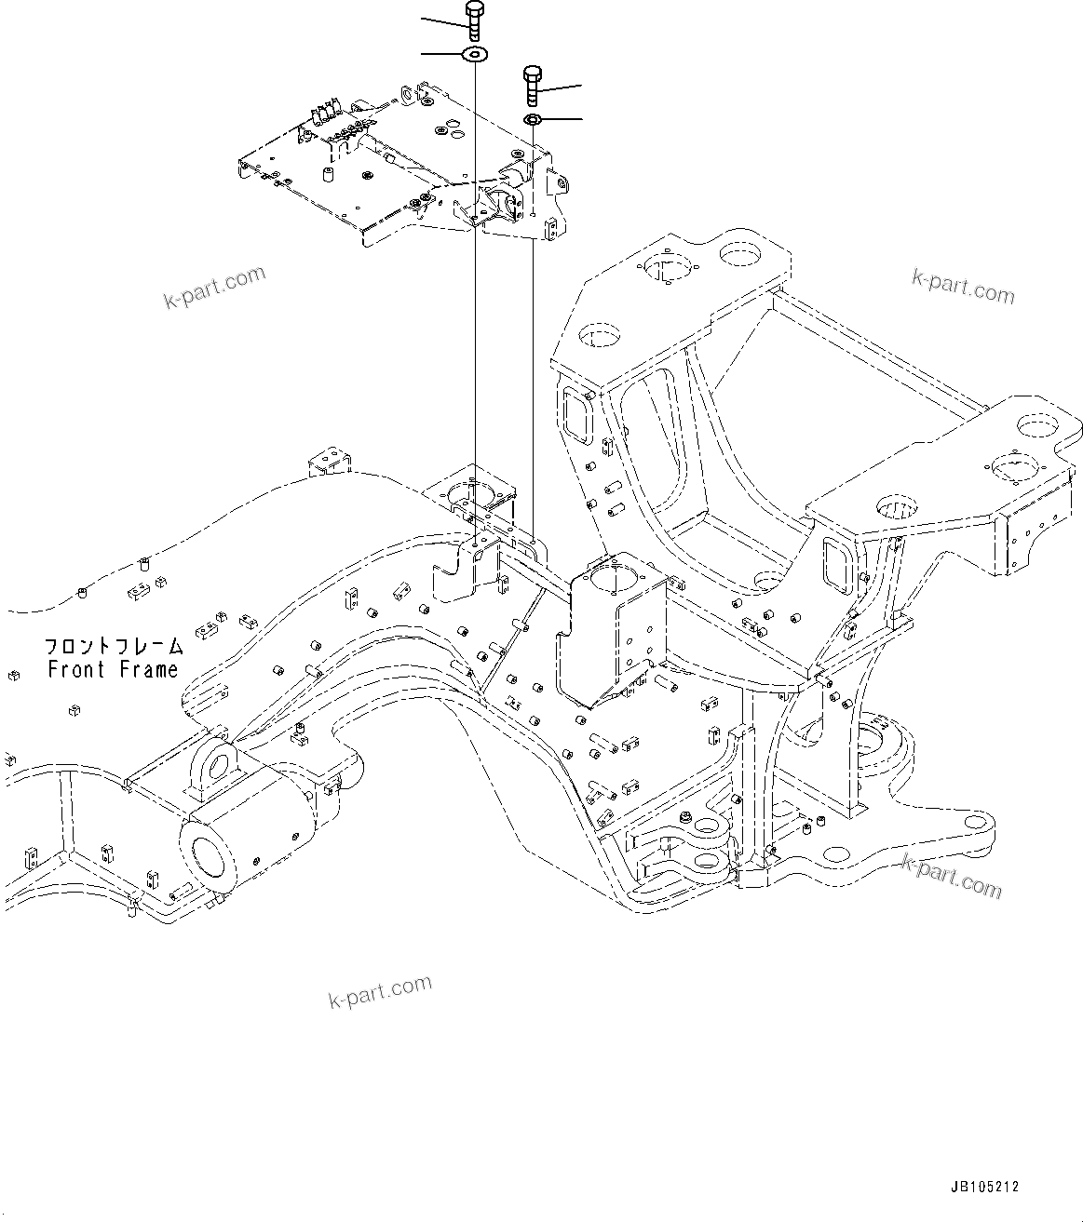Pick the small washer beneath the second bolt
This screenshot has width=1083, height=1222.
coord(534,119)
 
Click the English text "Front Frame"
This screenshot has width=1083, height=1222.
coord(113,669)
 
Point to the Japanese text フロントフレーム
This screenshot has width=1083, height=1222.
coord(113,646)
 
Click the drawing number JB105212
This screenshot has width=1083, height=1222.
coord(985,1188)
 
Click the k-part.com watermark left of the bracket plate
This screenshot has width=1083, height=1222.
coord(214,288)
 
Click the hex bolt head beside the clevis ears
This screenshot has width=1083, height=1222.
coord(686,816)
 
